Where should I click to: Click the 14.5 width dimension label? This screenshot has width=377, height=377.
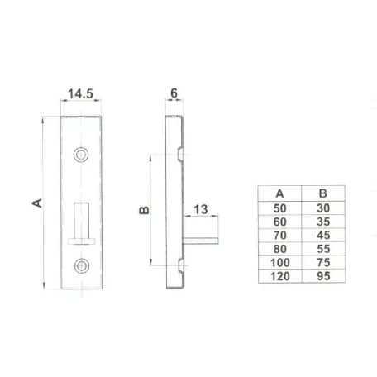[x=80, y=93]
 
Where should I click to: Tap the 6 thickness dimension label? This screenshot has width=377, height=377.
[x=174, y=93]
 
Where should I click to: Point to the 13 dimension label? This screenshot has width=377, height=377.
[x=201, y=209]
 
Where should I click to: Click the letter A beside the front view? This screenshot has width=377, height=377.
[x=37, y=203]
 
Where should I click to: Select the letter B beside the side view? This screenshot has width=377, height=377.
[x=144, y=210]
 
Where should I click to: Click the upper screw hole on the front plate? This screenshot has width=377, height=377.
[x=81, y=155]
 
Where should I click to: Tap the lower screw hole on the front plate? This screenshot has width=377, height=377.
[x=82, y=266]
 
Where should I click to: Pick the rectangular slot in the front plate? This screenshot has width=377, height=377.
[x=82, y=223]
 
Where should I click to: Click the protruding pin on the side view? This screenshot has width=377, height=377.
[x=201, y=241]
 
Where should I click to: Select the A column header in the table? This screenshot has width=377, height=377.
[x=279, y=193]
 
